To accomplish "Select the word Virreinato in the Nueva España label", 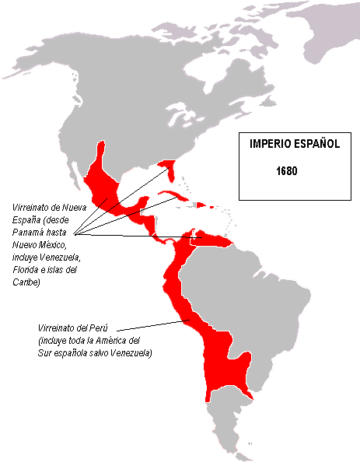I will [33, 208].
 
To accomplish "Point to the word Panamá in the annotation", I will [30, 233].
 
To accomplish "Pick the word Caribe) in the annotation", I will [26, 282].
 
